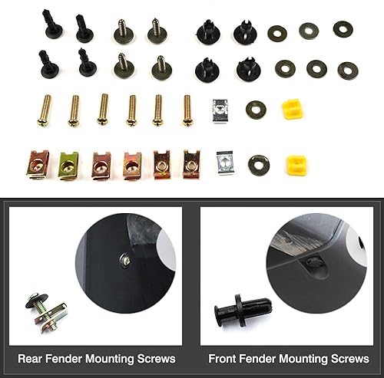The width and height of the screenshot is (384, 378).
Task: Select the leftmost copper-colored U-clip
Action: click(x=37, y=163)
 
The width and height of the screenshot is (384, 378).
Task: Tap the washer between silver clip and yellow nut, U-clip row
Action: click(x=258, y=163)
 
